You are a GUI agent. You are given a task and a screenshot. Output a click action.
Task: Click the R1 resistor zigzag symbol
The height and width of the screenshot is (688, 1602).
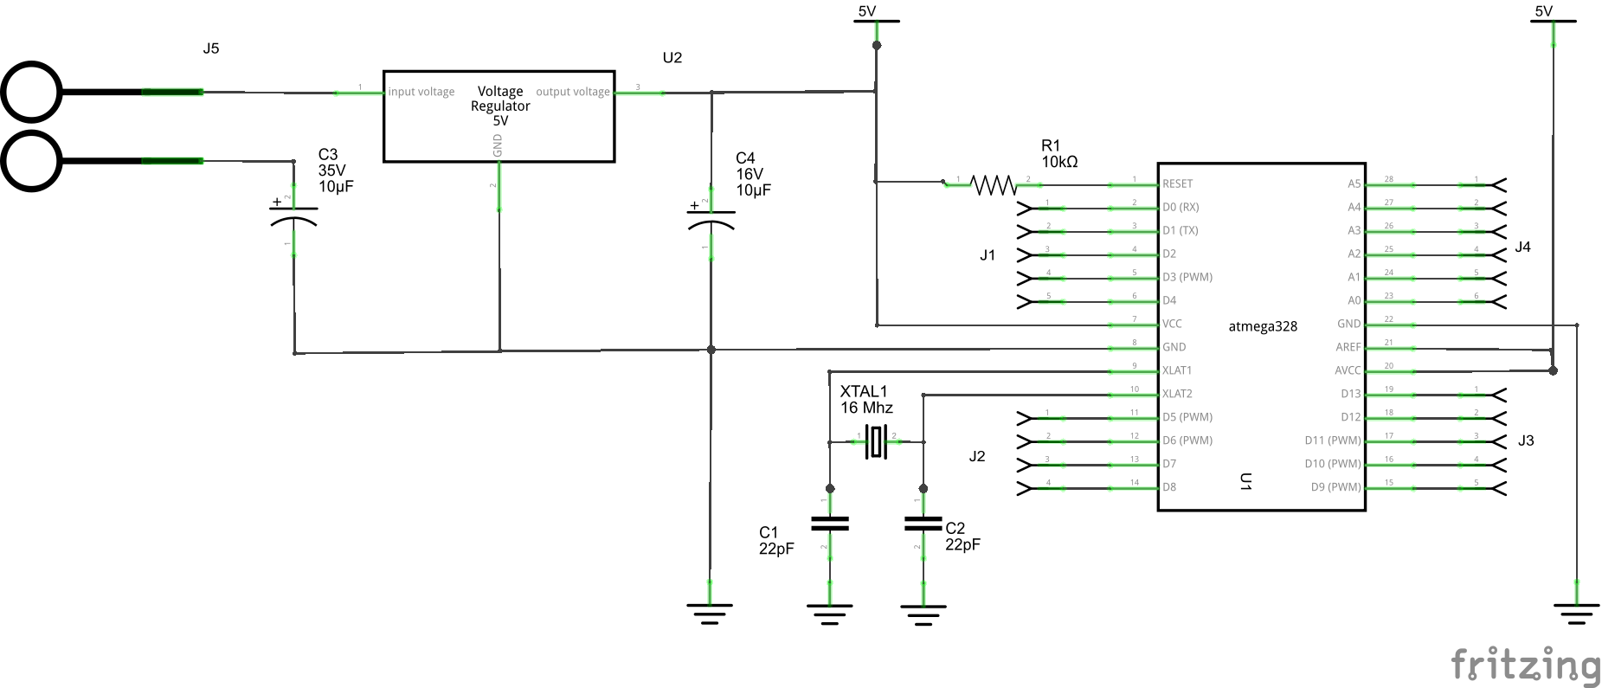click(x=994, y=184)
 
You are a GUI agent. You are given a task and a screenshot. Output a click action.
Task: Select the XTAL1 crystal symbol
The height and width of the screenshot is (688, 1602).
click(x=877, y=442)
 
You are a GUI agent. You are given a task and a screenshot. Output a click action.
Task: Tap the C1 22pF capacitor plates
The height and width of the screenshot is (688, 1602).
click(x=829, y=524)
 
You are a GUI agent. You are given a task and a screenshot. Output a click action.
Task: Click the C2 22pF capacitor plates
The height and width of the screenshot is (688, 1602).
click(x=923, y=524)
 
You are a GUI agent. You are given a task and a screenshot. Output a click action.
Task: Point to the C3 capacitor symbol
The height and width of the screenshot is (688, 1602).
click(x=293, y=215)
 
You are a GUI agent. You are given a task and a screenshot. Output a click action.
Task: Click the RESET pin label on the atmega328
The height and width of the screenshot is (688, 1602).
click(x=1177, y=183)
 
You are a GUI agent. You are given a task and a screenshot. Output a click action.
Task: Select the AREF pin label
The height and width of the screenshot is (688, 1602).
click(x=1348, y=347)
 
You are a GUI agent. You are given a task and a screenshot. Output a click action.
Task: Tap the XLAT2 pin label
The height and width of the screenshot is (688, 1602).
click(x=1177, y=394)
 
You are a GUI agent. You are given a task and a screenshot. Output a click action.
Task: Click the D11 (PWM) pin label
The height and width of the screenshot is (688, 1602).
click(x=1332, y=440)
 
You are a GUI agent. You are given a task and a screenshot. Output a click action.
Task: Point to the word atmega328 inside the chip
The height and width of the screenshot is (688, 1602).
click(x=1263, y=326)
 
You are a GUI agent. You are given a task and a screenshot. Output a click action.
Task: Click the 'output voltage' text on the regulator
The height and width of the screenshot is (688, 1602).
click(x=572, y=92)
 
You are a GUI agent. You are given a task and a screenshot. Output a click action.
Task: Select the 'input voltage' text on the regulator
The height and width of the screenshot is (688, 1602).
click(x=421, y=92)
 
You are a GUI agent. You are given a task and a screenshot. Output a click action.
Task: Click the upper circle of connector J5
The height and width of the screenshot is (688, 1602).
click(x=31, y=92)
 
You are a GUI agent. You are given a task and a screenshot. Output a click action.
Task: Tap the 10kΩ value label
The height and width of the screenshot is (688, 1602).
click(x=1059, y=162)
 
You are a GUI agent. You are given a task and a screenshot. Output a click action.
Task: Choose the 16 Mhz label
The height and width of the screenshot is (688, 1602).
click(x=866, y=408)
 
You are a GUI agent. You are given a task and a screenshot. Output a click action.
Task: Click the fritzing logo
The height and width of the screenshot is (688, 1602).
click(x=1525, y=665)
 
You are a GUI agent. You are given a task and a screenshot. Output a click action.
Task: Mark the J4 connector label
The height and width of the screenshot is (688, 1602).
click(x=1522, y=248)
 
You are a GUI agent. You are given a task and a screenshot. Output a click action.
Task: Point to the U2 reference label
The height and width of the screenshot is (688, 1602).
click(x=672, y=58)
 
